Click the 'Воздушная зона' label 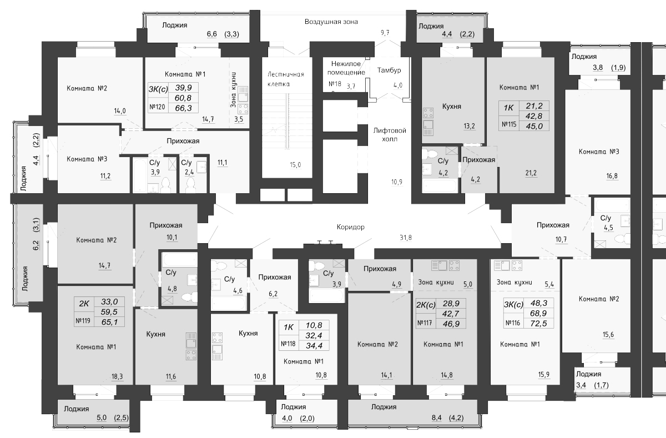tap(331, 22)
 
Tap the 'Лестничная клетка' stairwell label tap(285, 79)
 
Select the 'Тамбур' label tap(389, 70)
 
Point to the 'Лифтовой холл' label tap(390, 135)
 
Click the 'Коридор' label tap(351, 227)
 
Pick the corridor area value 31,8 tap(406, 238)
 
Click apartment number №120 tap(157, 107)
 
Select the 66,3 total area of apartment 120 tap(184, 108)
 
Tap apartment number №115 tap(509, 124)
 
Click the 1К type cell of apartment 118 tap(289, 328)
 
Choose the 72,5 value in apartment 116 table tap(539, 323)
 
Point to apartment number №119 tap(83, 321)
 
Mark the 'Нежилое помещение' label tap(346, 68)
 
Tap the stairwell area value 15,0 tap(295, 165)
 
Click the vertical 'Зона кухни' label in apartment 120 tap(234, 89)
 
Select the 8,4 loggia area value tap(436, 418)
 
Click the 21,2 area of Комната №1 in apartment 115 tap(531, 173)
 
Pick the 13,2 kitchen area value tap(469, 126)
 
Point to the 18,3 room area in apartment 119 tap(117, 376)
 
